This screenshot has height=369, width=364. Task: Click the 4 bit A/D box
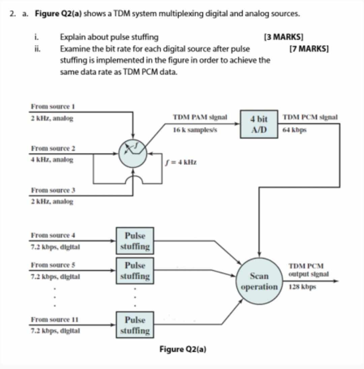[259, 124]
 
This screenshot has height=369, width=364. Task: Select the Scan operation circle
[259, 281]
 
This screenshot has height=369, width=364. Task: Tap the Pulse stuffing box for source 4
[135, 241]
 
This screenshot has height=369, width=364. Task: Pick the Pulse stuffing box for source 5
[135, 271]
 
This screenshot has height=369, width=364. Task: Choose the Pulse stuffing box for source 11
[135, 325]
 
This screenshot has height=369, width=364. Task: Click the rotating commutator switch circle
[133, 153]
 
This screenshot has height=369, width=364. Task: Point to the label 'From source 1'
[53, 106]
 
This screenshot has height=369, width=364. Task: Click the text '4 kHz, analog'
[52, 160]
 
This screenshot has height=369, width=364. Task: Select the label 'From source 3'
[53, 190]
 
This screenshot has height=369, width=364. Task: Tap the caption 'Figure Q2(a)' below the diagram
[183, 349]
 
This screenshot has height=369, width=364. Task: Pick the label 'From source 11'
[54, 319]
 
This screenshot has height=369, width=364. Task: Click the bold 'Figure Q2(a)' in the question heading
[59, 14]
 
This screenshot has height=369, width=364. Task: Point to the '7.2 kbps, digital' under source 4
[55, 247]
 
